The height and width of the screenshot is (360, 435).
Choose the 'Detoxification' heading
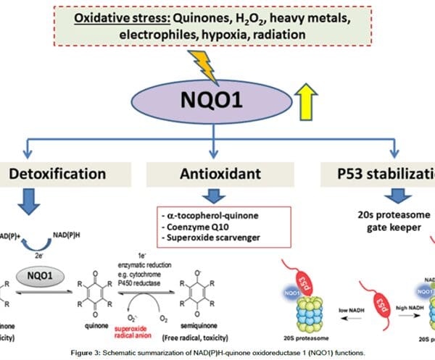pyautogui.click(x=57, y=175)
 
